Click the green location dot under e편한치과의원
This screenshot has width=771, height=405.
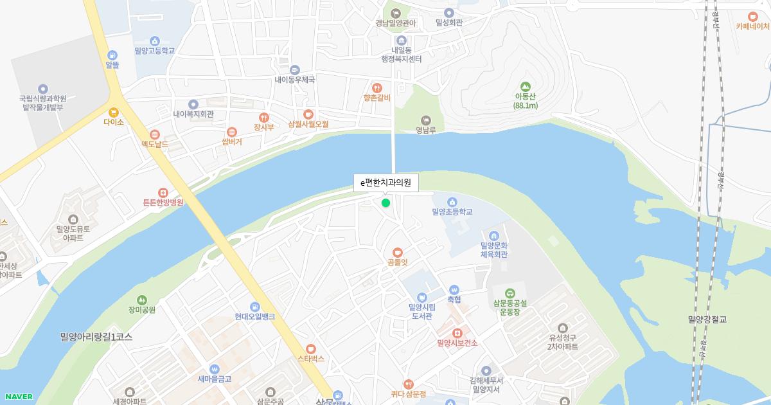[385, 203]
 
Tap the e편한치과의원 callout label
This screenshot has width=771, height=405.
[385, 183]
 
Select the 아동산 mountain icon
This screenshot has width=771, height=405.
[526, 86]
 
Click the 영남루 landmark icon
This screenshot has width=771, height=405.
[425, 120]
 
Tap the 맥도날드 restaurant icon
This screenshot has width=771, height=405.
[154, 135]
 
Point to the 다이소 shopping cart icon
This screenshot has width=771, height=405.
[114, 112]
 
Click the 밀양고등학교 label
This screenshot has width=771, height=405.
[154, 51]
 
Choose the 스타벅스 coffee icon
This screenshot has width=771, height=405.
[311, 348]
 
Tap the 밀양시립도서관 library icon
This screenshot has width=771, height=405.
[422, 297]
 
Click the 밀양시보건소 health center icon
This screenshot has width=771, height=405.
[457, 333]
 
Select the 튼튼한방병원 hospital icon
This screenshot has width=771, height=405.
[163, 192]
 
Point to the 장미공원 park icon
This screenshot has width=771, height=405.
[142, 300]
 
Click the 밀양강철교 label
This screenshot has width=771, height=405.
[711, 319]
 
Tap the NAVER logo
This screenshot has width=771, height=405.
[18, 397]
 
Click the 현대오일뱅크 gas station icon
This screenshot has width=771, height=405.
[255, 307]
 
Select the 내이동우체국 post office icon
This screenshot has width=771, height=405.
[295, 70]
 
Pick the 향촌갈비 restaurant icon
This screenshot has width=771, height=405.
[377, 87]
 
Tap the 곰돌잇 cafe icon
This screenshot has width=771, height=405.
[398, 252]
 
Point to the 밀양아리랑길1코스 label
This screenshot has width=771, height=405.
[96, 337]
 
